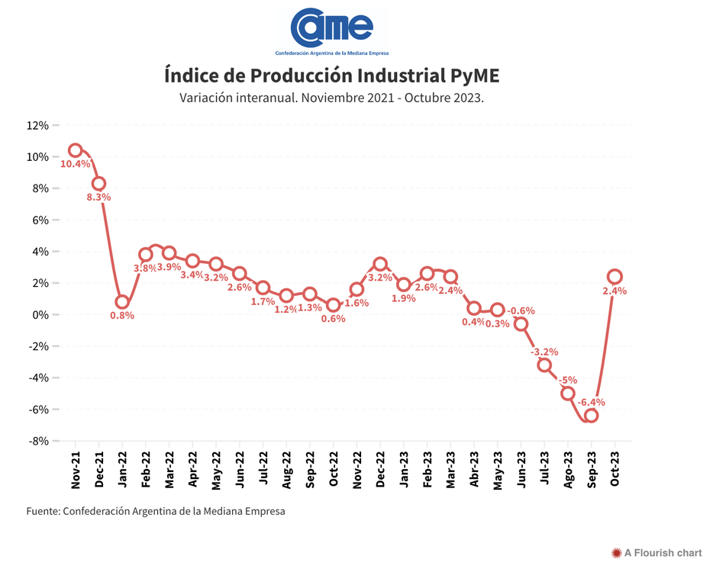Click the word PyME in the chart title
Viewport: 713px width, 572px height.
473,76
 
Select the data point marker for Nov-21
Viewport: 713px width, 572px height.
76,150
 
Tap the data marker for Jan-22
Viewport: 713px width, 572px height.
122,302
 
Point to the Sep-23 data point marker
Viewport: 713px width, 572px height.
591,416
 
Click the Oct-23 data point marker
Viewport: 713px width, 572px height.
615,276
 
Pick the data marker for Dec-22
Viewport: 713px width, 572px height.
380,264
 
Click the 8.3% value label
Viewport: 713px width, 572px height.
98,197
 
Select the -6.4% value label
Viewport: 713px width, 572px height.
591,402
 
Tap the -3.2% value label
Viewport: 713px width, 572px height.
544,352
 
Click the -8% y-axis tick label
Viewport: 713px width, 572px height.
38,441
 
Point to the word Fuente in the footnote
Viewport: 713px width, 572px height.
43,511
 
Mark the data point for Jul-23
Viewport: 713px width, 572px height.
544,365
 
